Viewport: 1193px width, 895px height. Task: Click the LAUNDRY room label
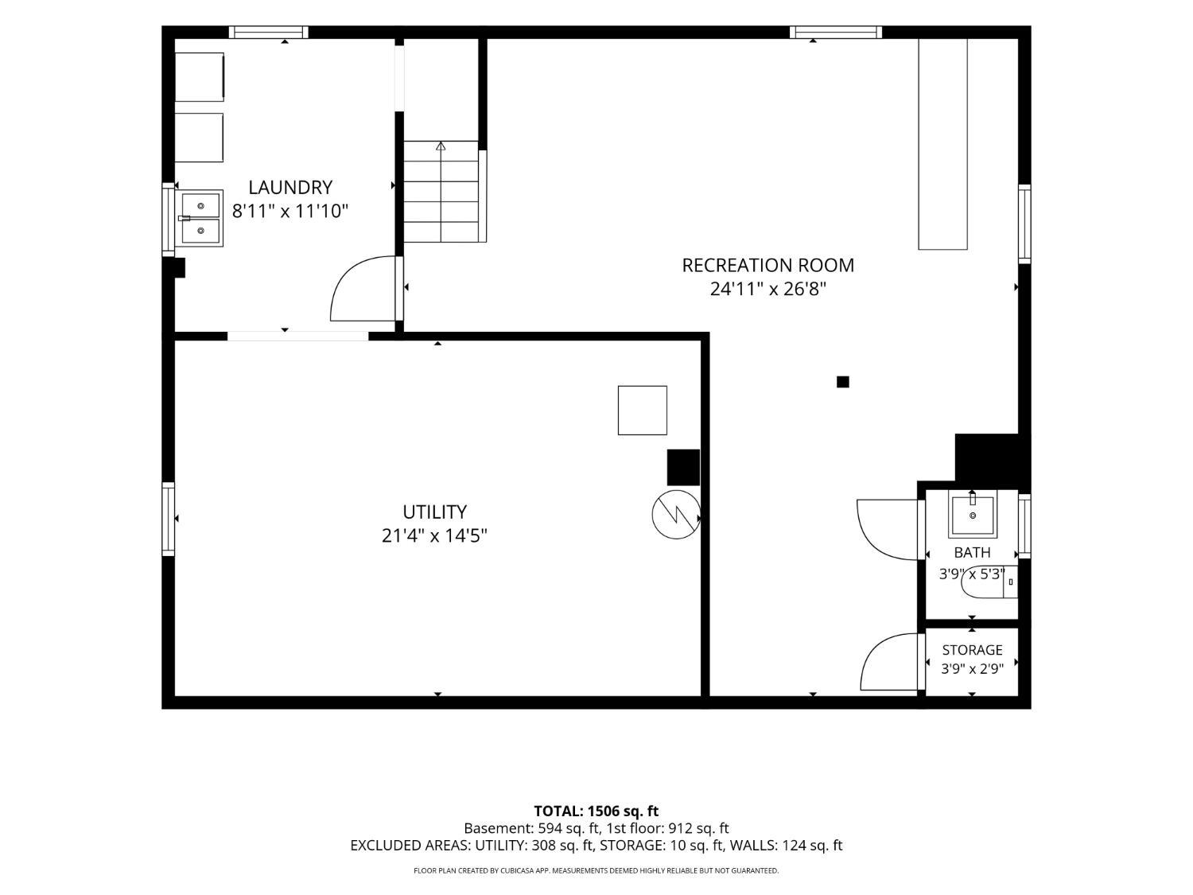coord(290,188)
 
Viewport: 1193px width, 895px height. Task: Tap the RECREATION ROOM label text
coord(767,265)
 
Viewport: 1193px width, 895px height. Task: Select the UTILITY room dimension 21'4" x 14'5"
coord(434,535)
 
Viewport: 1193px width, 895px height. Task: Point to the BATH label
coord(973,553)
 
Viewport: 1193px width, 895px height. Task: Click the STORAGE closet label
coord(972,650)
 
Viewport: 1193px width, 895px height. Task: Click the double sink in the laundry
coord(200,219)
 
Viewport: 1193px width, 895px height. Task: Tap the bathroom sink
coord(973,513)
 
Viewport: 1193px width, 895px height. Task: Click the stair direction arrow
coord(441,146)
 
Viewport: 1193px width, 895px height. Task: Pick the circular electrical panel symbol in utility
coord(676,514)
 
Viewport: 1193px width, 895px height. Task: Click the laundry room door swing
coord(363,289)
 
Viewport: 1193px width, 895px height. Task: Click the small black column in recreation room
coord(842,382)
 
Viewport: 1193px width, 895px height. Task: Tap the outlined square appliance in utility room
coord(643,411)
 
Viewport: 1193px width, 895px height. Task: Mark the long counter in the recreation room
coord(943,144)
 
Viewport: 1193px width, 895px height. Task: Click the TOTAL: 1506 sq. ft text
coord(596,811)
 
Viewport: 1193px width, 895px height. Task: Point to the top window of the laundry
coord(269,32)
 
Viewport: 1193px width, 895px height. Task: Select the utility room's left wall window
coord(169,519)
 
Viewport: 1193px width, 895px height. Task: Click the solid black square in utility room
coord(683,467)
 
